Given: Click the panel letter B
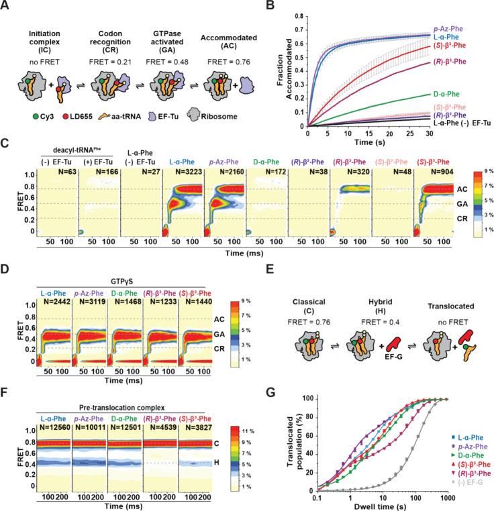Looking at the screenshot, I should click(259, 6).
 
